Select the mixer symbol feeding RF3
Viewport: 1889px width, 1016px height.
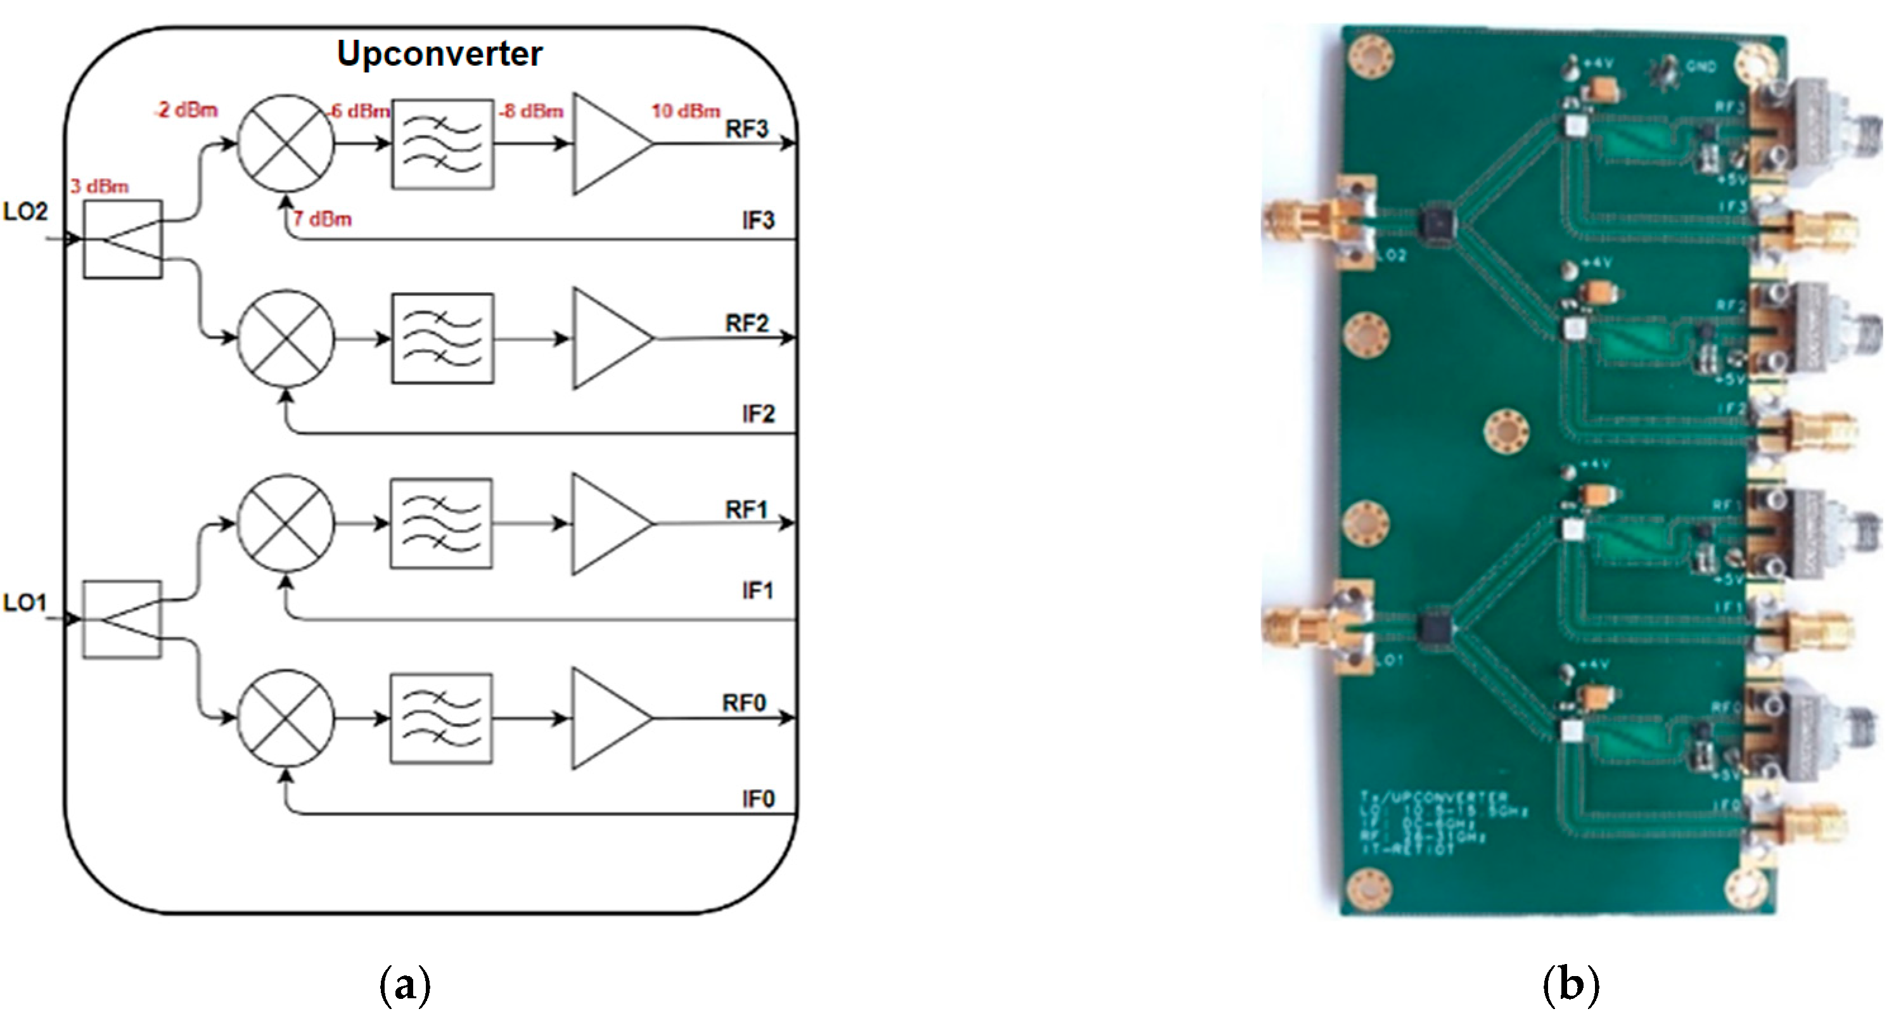click(286, 143)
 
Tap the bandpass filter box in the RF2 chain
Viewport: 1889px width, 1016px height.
click(442, 339)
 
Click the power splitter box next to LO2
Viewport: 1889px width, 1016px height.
click(122, 239)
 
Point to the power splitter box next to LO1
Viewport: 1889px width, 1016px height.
click(122, 619)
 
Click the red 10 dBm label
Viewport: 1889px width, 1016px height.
click(686, 112)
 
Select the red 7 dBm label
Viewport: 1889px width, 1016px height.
click(323, 219)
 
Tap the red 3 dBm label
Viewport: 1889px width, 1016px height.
click(99, 186)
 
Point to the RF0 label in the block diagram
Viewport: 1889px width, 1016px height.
click(745, 703)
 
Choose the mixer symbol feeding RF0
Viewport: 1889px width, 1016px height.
click(286, 717)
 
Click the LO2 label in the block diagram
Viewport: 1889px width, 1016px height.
click(25, 212)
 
